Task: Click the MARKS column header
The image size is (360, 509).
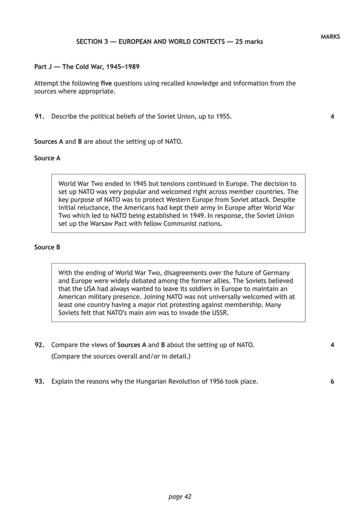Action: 330,36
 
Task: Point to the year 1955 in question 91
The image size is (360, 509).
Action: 221,117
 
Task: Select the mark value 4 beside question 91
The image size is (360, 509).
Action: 332,117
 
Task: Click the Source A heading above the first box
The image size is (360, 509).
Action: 47,158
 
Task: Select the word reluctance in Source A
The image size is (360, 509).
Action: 90,208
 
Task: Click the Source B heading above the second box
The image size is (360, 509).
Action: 47,247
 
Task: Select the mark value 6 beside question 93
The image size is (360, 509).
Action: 332,381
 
